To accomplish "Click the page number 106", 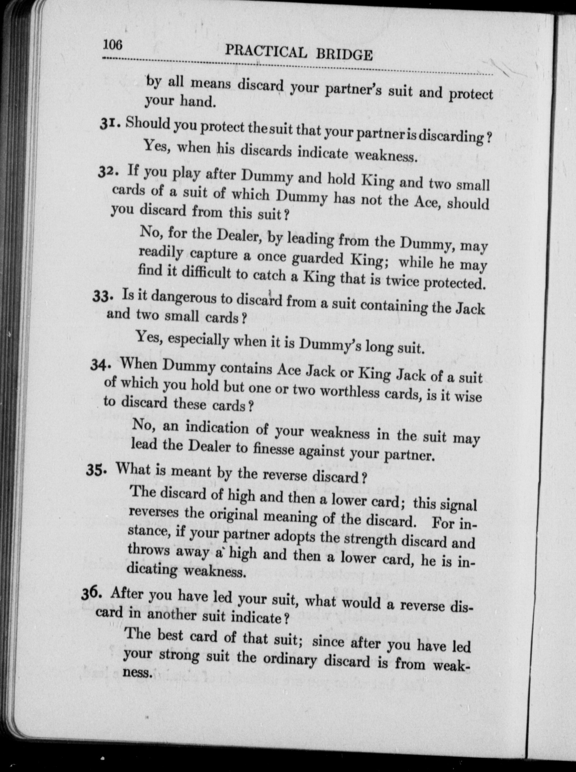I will (113, 45).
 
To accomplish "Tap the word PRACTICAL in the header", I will (266, 51).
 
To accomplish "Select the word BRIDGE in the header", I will (344, 55).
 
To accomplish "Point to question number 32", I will (106, 172).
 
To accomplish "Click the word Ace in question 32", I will (425, 201).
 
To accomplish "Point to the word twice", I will (401, 281).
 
